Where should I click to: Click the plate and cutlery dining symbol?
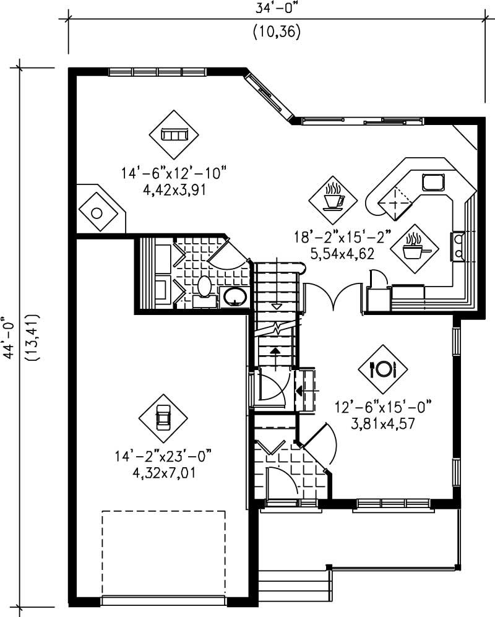point(382,369)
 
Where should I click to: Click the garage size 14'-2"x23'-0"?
point(163,457)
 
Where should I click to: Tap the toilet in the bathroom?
point(205,286)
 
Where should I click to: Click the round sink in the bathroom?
point(235,296)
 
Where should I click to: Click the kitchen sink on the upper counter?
point(433,181)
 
